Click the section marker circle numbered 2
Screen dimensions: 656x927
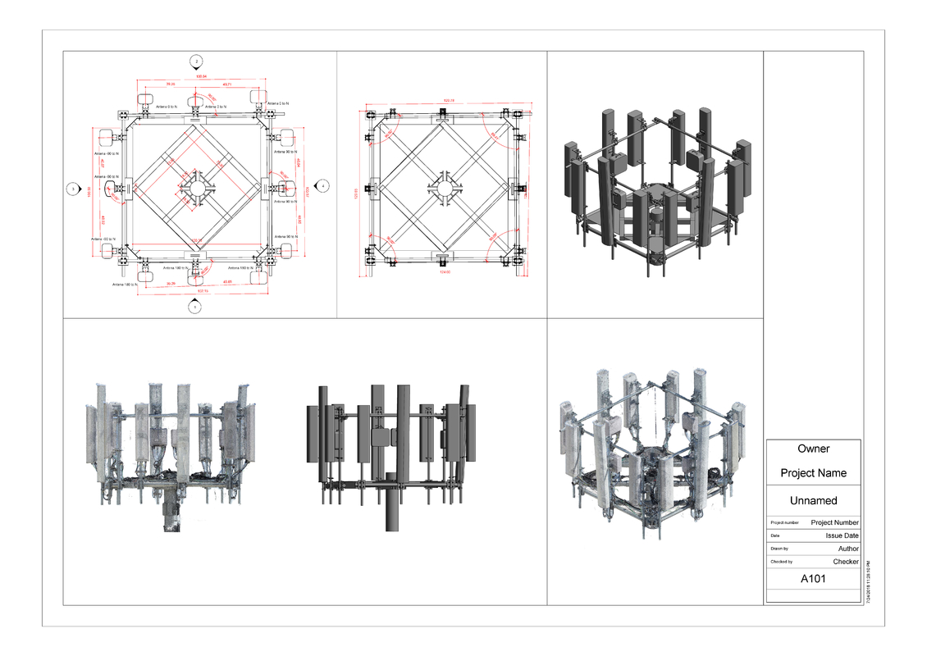195,61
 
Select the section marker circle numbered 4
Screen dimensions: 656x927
323,187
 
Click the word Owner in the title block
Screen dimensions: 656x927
813,449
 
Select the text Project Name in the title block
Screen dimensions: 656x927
813,473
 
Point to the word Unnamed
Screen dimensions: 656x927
813,500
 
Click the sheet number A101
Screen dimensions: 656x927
813,579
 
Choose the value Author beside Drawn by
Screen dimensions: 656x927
847,549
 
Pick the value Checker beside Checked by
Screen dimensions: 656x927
845,562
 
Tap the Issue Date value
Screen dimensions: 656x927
842,535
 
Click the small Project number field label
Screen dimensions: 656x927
784,523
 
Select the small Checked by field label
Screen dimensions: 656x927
781,563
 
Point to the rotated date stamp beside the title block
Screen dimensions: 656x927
868,582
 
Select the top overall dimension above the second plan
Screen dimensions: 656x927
449,101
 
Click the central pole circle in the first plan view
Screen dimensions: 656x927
196,188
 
